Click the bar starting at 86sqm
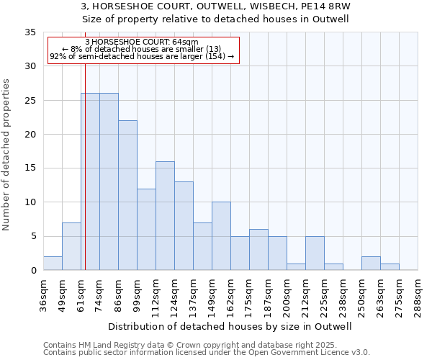[127, 195]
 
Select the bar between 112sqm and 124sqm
[165, 216]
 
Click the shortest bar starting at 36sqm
[53, 263]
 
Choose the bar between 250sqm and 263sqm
[371, 263]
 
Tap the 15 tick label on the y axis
[30, 168]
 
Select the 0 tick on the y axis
[33, 271]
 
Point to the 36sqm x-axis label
[43, 294]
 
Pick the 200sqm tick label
[287, 294]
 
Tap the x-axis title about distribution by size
[230, 326]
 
